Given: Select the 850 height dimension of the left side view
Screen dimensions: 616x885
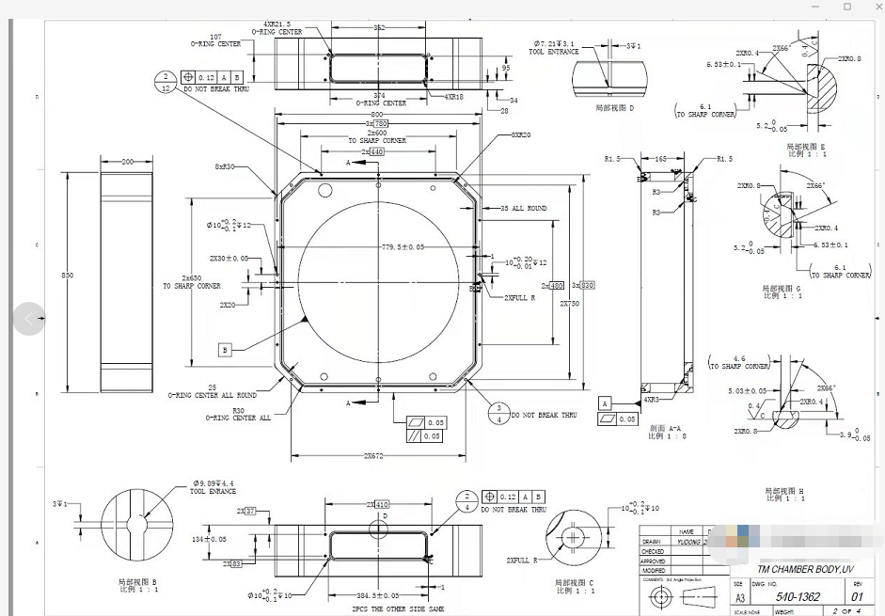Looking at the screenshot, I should pos(67,275).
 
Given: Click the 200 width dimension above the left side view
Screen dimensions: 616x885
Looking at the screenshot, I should pos(128,162).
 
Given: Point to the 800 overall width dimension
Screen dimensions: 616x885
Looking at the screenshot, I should pos(376,114).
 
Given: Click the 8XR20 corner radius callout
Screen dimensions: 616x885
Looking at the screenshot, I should pos(520,134).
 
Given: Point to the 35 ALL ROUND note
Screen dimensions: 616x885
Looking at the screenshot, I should pos(523,208).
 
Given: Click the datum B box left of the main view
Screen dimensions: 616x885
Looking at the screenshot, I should pos(224,350).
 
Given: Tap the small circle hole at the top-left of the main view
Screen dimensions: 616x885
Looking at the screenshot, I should pos(325,190).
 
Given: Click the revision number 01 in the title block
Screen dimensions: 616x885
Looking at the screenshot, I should pos(856,597).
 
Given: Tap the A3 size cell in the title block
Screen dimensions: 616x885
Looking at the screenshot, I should pos(738,596).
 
